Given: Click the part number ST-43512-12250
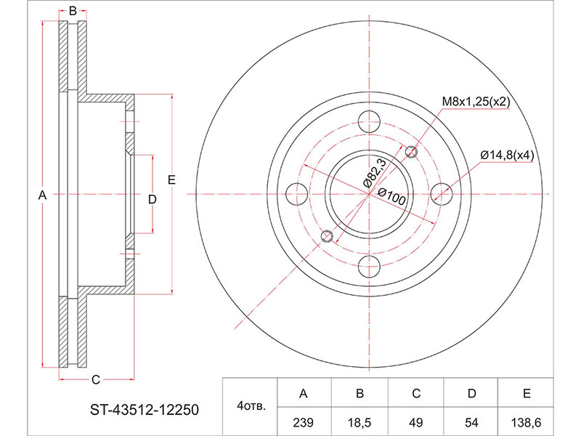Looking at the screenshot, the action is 145,410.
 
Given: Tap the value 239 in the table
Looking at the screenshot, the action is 303,422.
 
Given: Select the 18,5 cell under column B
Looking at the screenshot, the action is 359,422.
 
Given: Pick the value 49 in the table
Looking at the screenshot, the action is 416,422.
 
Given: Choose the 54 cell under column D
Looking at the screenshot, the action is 471,422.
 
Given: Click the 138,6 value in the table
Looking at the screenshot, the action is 526,422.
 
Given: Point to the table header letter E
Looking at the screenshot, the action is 527,393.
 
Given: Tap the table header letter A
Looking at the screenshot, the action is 303,393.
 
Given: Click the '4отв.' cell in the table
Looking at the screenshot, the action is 251,407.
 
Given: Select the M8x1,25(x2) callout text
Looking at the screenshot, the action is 476,102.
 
